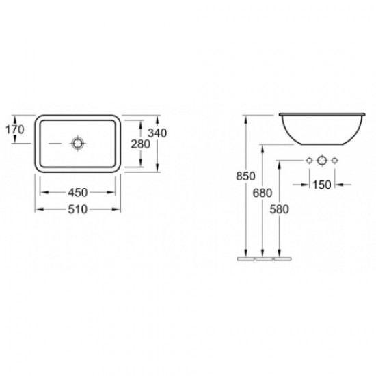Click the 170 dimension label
[15, 129]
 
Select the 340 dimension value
[157, 133]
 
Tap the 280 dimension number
[141, 144]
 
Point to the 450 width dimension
[78, 192]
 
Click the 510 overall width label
[78, 209]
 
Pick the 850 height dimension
[245, 176]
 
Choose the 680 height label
[263, 193]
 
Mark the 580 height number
[279, 209]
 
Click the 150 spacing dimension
[322, 185]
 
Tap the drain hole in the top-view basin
[78, 143]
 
